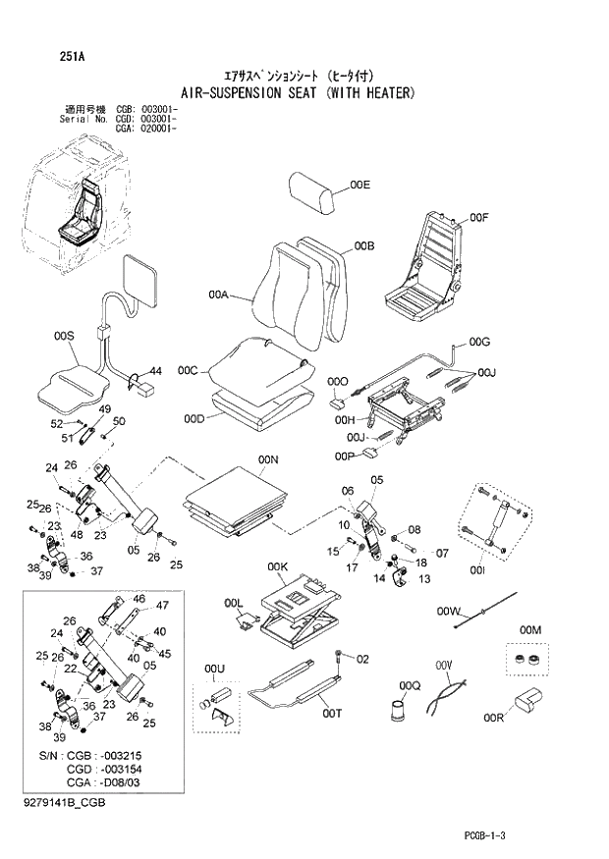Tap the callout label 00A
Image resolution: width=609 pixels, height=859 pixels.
[x=218, y=294]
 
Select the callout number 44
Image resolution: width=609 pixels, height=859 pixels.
[x=155, y=370]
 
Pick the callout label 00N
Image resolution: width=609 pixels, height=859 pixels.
[x=268, y=459]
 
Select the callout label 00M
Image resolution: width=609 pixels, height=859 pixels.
[x=530, y=629]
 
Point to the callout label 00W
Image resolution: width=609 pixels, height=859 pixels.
[x=449, y=612]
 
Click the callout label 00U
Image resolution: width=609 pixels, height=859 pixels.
[x=215, y=670]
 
